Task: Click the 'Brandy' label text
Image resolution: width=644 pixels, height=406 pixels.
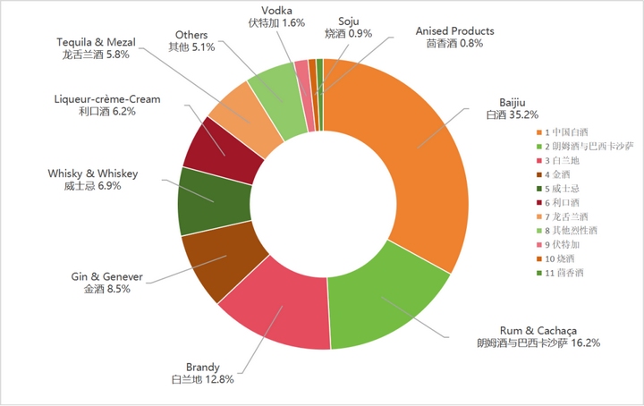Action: pos(202,367)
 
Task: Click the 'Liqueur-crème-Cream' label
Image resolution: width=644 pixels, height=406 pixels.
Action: pos(106,99)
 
